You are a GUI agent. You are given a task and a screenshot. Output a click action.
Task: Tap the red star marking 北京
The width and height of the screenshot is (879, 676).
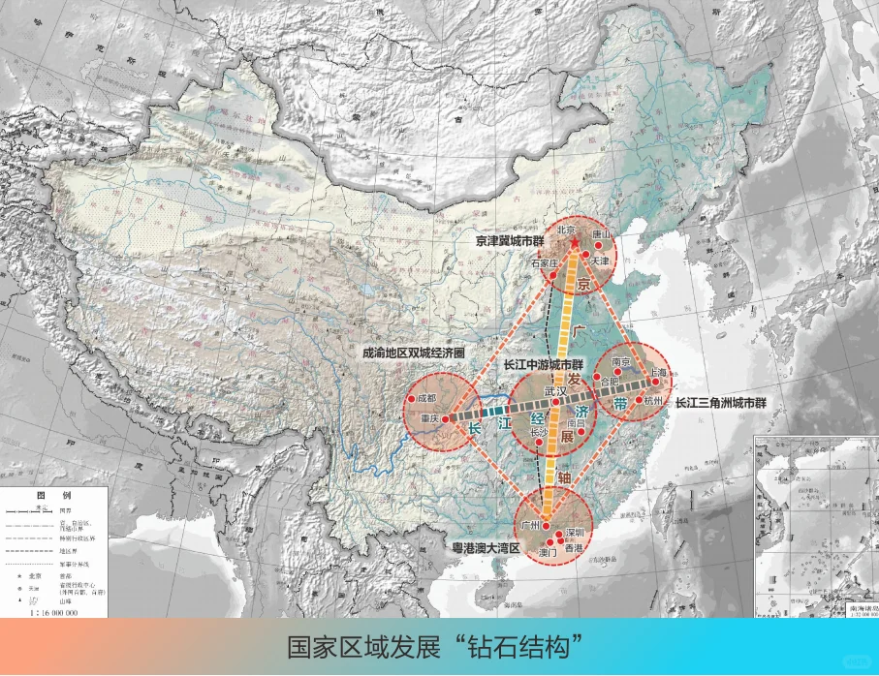click(x=573, y=242)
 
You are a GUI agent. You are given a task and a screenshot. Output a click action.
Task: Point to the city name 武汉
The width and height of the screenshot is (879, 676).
click(x=556, y=392)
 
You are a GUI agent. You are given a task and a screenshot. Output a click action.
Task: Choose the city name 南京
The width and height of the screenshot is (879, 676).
click(x=621, y=362)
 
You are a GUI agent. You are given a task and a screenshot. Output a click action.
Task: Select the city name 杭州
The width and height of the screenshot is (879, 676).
click(x=653, y=400)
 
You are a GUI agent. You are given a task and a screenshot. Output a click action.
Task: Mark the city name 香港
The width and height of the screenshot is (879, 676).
click(x=575, y=548)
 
